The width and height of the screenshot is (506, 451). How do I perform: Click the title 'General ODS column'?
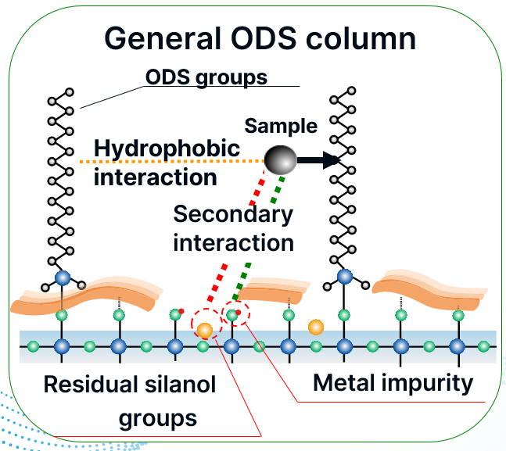pyautogui.click(x=260, y=39)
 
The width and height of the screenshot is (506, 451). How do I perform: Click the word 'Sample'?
pyautogui.click(x=281, y=126)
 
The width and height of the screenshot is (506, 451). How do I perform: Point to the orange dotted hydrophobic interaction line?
pyautogui.click(x=172, y=162)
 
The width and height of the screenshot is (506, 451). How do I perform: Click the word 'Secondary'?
pyautogui.click(x=233, y=213)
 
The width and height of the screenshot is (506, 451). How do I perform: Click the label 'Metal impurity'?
pyautogui.click(x=393, y=383)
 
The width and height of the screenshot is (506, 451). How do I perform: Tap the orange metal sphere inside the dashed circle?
pyautogui.click(x=205, y=330)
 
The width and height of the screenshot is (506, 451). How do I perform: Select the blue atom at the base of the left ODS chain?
pyautogui.click(x=63, y=277)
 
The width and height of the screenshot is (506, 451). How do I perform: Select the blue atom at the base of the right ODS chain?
pyautogui.click(x=343, y=277)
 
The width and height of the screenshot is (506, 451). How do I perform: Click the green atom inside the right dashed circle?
pyautogui.click(x=231, y=315)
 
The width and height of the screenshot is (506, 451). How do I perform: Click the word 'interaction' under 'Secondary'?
pyautogui.click(x=233, y=242)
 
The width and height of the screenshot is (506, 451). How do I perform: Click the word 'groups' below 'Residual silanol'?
pyautogui.click(x=157, y=418)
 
